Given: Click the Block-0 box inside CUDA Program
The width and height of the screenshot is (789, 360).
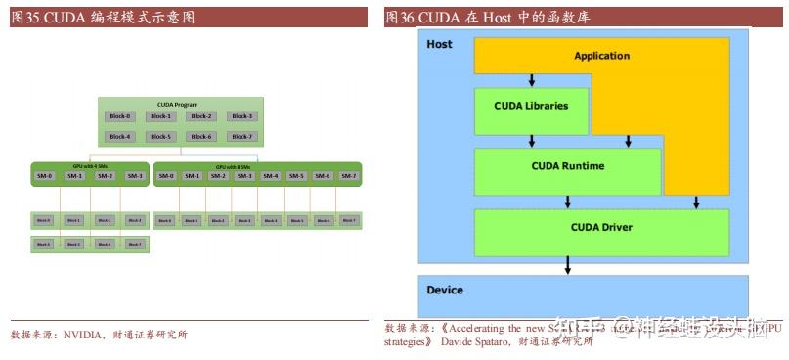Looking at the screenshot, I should point(119,116).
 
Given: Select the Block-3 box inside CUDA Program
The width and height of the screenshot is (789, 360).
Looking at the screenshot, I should point(241,116).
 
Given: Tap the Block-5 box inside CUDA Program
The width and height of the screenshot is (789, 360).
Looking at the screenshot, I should point(160,137).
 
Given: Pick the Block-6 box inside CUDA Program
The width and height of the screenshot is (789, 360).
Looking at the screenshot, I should point(200,137).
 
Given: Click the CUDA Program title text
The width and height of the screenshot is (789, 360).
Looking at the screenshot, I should point(179,104).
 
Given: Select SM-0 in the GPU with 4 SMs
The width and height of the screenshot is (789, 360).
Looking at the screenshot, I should point(45,176).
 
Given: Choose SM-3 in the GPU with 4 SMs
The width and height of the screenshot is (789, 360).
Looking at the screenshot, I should point(135,176).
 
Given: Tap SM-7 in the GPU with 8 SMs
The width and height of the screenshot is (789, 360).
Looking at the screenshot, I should point(348,176).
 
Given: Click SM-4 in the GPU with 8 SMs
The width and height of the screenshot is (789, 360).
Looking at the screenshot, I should point(270,176).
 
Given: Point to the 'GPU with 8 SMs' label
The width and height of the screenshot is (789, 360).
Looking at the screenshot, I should point(258,167).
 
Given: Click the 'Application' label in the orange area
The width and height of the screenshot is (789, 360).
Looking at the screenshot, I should point(601,56).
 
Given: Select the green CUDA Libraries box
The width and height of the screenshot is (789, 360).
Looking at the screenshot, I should point(531,106).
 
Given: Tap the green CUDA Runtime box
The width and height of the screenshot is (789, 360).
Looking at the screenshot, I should point(567,166).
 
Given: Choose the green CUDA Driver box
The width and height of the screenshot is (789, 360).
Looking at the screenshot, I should point(601,228).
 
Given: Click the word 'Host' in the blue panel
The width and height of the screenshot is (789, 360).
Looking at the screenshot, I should point(440,45).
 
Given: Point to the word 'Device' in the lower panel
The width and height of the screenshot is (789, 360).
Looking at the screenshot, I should point(445,291).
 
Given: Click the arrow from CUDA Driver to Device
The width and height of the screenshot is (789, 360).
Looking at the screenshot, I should point(568,265).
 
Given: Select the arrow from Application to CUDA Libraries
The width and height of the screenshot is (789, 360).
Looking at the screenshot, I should point(531,80).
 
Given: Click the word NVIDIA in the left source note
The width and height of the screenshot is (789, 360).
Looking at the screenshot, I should point(86,335).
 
